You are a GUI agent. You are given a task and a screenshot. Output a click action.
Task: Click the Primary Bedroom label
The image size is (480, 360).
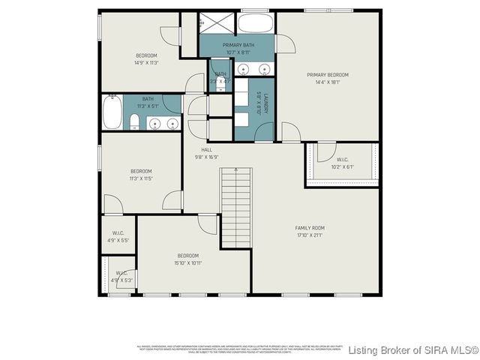pos(328,74)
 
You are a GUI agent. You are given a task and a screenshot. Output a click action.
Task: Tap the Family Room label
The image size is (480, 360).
pos(309,228)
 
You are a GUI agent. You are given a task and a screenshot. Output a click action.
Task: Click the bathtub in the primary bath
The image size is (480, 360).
pos(256,22)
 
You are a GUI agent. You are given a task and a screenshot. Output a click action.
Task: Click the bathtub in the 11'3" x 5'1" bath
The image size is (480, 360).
pos(112,112)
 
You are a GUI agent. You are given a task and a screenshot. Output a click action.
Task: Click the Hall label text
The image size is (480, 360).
pos(206,150)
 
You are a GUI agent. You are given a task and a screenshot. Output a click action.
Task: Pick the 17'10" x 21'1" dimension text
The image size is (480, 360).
pos(309,236)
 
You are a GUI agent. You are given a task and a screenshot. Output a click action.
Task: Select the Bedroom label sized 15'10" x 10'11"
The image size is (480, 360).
pos(187,256)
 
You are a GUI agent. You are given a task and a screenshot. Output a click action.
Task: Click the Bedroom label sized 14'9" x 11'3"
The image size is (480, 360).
pos(146,55)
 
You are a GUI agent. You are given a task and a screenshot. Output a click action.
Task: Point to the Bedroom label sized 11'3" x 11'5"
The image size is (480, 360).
pos(140,171)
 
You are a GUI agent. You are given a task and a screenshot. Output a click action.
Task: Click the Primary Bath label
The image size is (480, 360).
pos(237,46)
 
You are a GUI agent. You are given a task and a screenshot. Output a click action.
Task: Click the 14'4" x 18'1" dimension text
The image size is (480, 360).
pos(328,82)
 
